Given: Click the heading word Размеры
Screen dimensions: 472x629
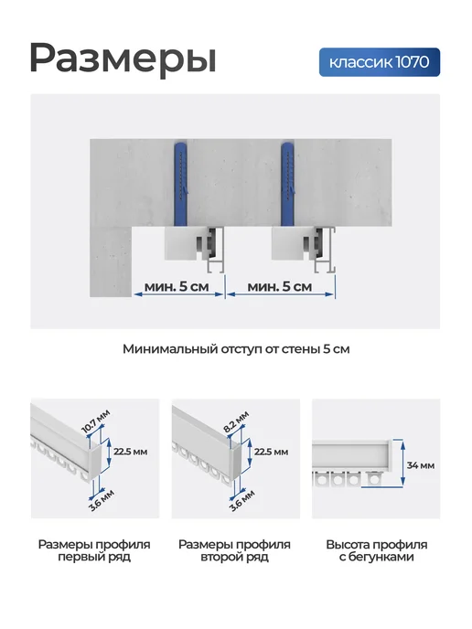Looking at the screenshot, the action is tap(123, 59).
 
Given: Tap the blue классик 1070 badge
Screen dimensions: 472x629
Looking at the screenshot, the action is tap(380, 62).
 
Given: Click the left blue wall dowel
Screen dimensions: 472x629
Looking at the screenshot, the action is tap(180, 184).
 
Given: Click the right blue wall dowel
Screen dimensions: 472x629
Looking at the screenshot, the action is tap(288, 184).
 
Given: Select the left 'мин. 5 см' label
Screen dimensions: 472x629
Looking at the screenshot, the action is tap(177, 286).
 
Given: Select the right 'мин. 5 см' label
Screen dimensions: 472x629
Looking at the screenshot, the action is tap(280, 286).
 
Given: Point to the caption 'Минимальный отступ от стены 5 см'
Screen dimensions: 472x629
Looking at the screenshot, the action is tap(236, 349).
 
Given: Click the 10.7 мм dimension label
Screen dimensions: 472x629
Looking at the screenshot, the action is tap(95, 421).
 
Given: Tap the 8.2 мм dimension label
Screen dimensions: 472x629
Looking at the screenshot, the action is tap(236, 421).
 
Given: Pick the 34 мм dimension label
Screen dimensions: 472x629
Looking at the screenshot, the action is tap(421, 465).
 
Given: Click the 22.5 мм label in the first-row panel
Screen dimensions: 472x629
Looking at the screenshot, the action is tap(131, 452).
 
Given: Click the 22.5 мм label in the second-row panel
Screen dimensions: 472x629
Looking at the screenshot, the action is tap(272, 452).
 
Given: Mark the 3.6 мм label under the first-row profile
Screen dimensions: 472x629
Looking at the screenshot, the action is tap(102, 500).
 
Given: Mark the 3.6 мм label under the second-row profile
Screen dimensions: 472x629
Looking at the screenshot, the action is tap(242, 500).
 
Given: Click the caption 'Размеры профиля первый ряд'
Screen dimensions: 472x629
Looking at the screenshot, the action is tap(94, 550).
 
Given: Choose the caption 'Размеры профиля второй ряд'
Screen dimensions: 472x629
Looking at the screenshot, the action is tap(234, 550).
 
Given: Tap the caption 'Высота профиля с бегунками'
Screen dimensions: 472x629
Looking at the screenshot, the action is tap(377, 550).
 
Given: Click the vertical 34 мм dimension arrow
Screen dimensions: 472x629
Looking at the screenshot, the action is tap(402, 464).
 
